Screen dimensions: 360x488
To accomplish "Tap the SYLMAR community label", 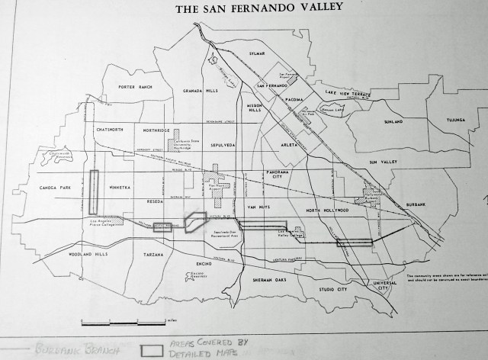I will point(260,53).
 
